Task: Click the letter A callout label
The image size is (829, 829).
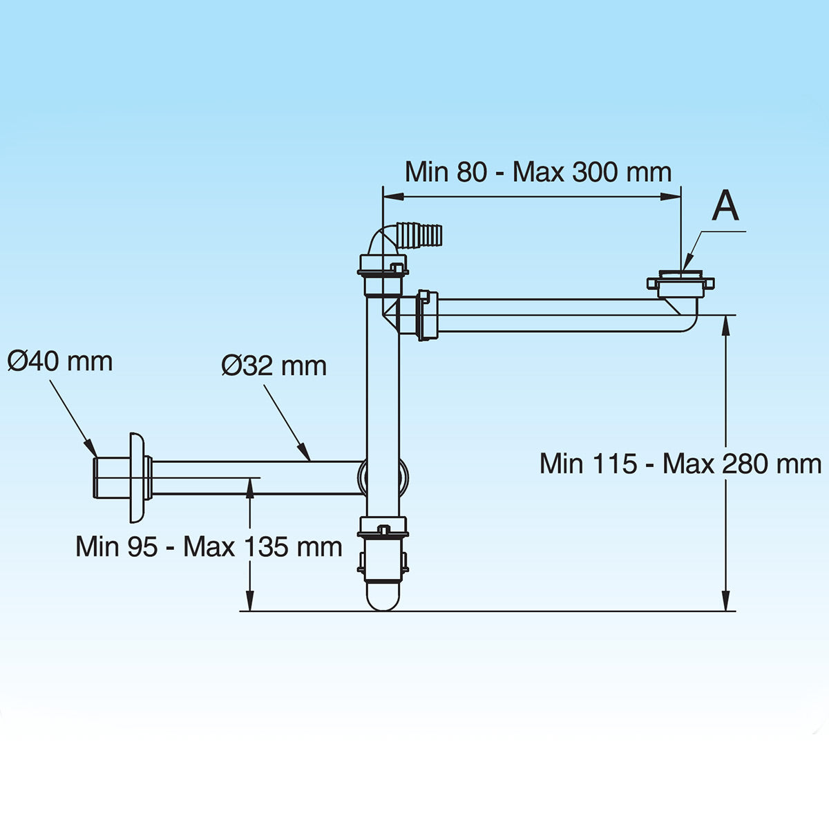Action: tap(725, 206)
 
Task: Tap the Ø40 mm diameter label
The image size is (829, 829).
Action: tap(60, 361)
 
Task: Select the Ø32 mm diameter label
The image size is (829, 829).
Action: tap(274, 365)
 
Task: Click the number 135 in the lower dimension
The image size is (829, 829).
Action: tap(265, 547)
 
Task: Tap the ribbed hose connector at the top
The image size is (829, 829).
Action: tap(421, 236)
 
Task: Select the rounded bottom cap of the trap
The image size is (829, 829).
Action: tap(383, 595)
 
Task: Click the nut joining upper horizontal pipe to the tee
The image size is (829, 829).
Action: tap(427, 316)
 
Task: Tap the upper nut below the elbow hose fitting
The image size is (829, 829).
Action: tap(383, 267)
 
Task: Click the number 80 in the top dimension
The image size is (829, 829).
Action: tap(471, 172)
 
